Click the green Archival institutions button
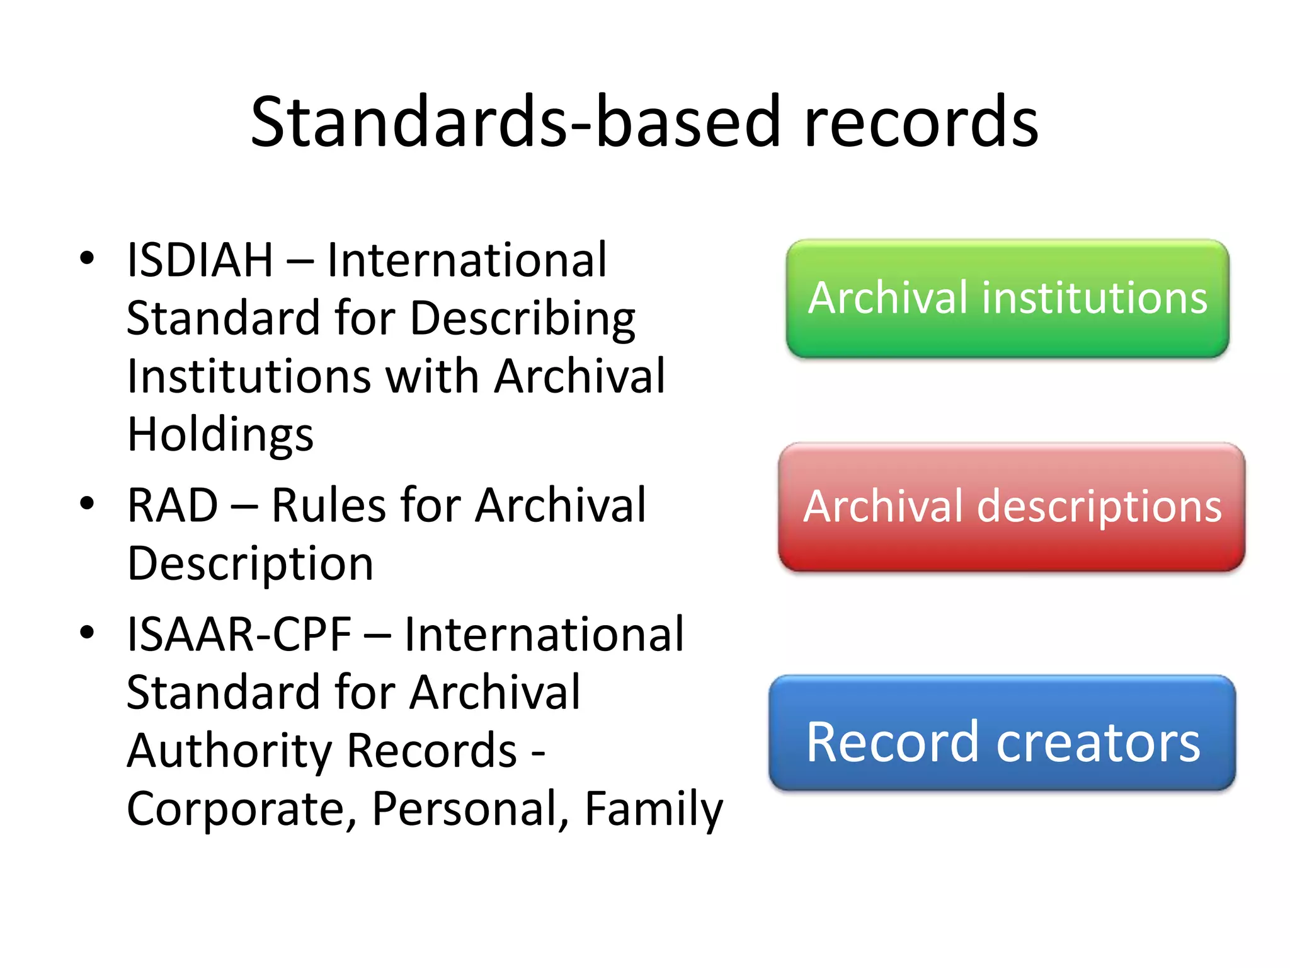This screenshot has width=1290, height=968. (1007, 298)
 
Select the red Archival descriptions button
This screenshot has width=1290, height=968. (1012, 507)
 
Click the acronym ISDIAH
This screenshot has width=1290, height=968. (200, 260)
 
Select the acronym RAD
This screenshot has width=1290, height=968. (173, 505)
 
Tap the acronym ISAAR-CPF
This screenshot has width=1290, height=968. (239, 634)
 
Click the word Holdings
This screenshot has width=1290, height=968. (220, 435)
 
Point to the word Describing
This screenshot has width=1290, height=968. (523, 318)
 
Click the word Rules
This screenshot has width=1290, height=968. (328, 505)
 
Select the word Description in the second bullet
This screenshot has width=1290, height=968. (250, 563)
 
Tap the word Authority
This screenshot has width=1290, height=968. (229, 751)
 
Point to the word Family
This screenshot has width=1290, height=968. (654, 809)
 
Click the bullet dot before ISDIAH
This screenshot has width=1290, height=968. (87, 258)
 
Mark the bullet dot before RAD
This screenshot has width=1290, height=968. (87, 503)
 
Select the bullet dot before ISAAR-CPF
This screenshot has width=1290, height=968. (87, 632)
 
